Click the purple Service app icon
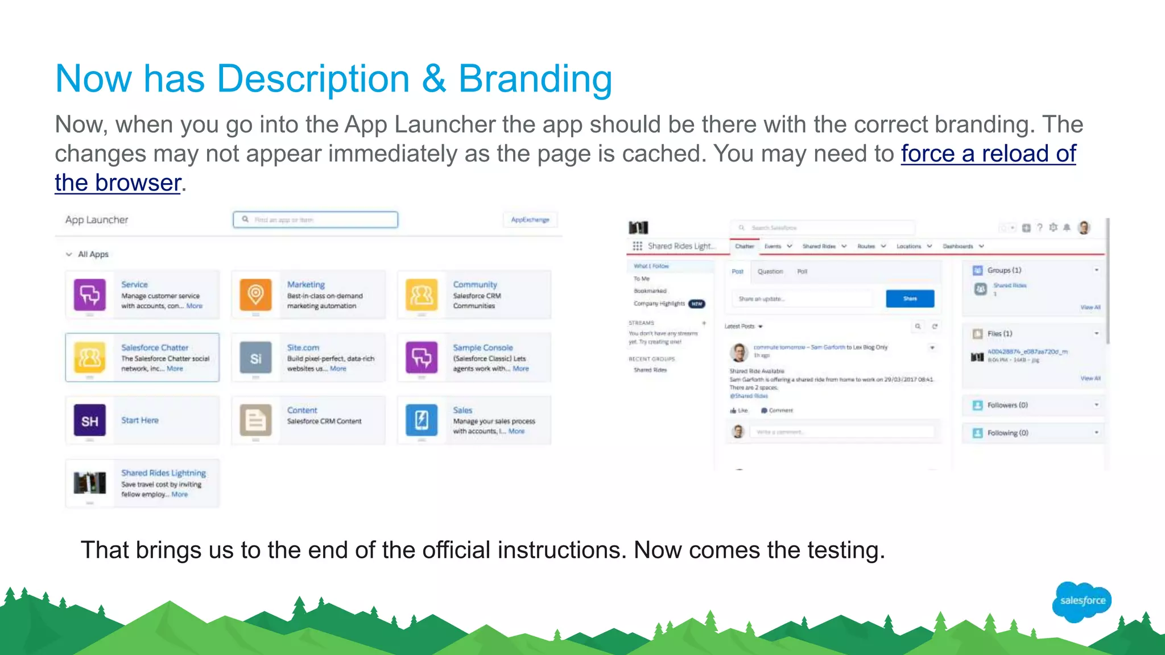pyautogui.click(x=90, y=295)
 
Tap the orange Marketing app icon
pyautogui.click(x=255, y=295)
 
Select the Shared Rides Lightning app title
pyautogui.click(x=163, y=473)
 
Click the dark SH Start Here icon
pyautogui.click(x=90, y=420)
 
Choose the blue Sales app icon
pyautogui.click(x=422, y=420)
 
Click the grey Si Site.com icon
pyautogui.click(x=255, y=358)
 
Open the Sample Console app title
pyautogui.click(x=482, y=347)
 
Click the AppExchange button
pyautogui.click(x=530, y=219)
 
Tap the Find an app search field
pyautogui.click(x=316, y=219)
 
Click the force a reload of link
pyautogui.click(x=988, y=154)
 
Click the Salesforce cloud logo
pyautogui.click(x=1082, y=601)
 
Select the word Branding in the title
pyautogui.click(x=535, y=78)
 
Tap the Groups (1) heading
pyautogui.click(x=1004, y=270)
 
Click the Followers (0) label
pyautogui.click(x=1007, y=405)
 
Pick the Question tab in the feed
pyautogui.click(x=770, y=271)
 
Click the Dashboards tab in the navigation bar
pyautogui.click(x=958, y=246)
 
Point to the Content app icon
pyautogui.click(x=255, y=420)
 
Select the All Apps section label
pyautogui.click(x=93, y=254)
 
